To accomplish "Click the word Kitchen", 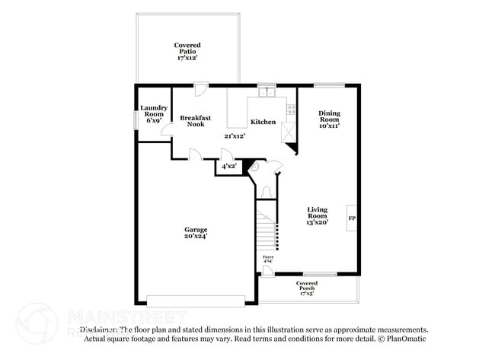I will [x=263, y=122].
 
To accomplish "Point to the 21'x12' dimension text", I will [x=235, y=136].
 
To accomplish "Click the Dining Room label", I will [x=329, y=119].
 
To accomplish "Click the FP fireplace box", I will [x=352, y=218].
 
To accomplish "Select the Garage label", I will [x=195, y=233].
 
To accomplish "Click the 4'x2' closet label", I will [x=228, y=166].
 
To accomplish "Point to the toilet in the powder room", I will [x=266, y=191].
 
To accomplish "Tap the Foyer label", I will [x=268, y=260].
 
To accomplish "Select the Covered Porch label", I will [x=307, y=287].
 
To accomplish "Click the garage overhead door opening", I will [x=196, y=300].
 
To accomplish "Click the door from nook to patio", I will [x=199, y=91].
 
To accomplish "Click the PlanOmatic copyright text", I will [x=403, y=339].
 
